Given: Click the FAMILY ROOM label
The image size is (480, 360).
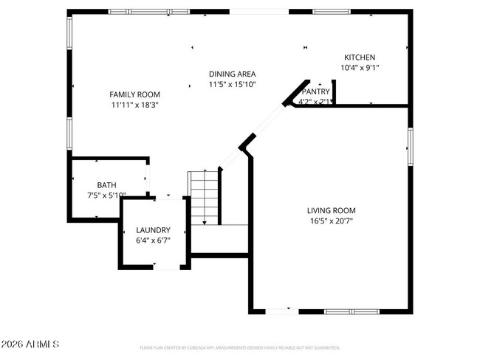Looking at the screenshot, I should pos(134,94).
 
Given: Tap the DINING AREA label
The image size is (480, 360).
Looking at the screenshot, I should pos(232,74).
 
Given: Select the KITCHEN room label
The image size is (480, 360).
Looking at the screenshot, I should pos(360,58).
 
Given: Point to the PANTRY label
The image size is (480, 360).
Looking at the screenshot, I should pos(315,91).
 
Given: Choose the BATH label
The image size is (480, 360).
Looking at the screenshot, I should pos(107,185).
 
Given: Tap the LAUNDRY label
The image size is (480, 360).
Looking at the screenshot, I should pos(153,229).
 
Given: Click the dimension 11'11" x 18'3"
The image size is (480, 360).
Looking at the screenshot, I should pos(134,105).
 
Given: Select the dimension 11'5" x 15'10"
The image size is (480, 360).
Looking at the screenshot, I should pos(232,84).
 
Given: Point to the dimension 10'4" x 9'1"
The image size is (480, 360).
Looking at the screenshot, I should pos(360,68).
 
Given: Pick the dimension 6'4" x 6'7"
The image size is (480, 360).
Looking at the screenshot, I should pos(153,240).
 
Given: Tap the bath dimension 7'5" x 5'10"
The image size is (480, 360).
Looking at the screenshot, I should pos(107,195).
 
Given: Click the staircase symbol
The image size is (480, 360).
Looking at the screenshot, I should pos(205,196).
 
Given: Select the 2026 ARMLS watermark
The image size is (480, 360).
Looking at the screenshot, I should pos(30,345).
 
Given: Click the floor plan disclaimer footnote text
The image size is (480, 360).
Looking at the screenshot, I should pos(239,347).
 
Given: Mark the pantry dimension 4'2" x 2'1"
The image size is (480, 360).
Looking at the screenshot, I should pos(315,102).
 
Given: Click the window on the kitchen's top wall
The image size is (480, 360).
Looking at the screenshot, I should pos(332,12).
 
